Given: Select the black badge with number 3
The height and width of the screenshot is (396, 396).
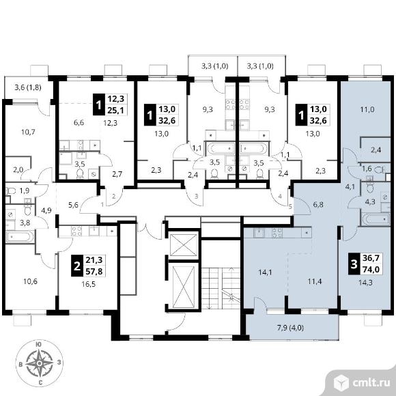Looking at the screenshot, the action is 354,264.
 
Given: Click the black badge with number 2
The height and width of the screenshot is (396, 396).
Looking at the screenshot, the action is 76,266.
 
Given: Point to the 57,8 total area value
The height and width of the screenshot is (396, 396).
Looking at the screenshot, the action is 94,272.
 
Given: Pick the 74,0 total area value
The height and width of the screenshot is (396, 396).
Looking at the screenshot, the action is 371,270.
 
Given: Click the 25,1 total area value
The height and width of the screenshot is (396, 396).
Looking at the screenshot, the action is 116,110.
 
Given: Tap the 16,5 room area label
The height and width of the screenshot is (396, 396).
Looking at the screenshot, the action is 89,285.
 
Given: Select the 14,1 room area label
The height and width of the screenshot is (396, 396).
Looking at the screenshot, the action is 265,272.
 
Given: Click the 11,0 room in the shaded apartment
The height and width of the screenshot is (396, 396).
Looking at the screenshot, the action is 367,110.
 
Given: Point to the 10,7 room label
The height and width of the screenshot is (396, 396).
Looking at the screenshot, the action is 28,132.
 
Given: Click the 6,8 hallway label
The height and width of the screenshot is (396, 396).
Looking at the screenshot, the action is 318,205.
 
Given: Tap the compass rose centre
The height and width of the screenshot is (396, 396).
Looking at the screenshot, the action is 39,363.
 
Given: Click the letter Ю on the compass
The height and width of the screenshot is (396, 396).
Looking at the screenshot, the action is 39,345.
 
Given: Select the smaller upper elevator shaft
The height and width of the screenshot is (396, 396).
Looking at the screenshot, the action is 184,244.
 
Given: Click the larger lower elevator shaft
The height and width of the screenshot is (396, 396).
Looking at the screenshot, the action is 184,286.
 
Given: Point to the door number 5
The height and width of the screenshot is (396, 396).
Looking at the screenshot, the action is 290,207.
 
